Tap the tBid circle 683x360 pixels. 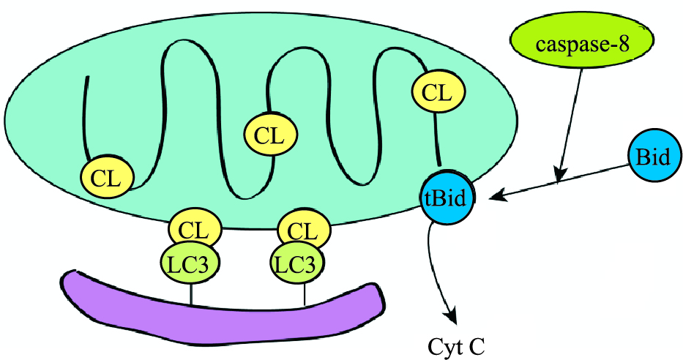(x=447, y=198)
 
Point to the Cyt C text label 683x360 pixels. (x=455, y=344)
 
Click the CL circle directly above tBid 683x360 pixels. (x=438, y=92)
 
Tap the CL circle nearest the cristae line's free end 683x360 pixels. (x=108, y=176)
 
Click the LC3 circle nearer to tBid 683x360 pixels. (x=297, y=263)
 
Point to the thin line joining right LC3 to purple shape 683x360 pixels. (x=304, y=294)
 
